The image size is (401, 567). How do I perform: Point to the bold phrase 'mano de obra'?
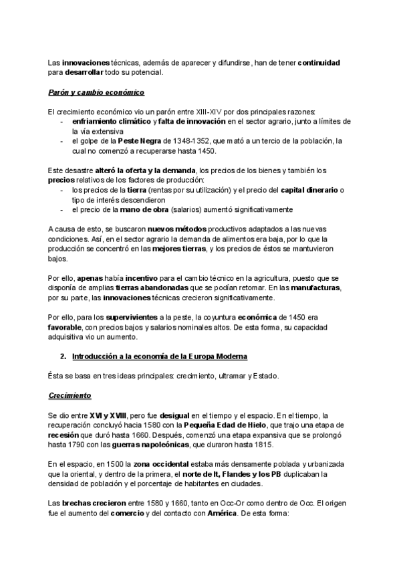(x=141, y=209)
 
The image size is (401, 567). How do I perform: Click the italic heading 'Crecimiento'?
(x=70, y=395)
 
